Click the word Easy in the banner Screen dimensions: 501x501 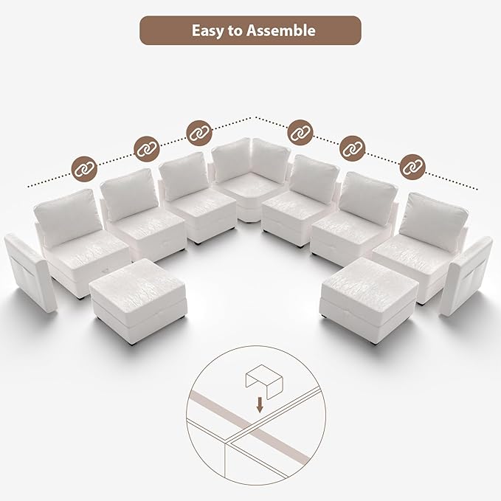(207, 31)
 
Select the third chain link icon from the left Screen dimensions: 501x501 (198, 133)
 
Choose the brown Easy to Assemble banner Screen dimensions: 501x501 (250, 31)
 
